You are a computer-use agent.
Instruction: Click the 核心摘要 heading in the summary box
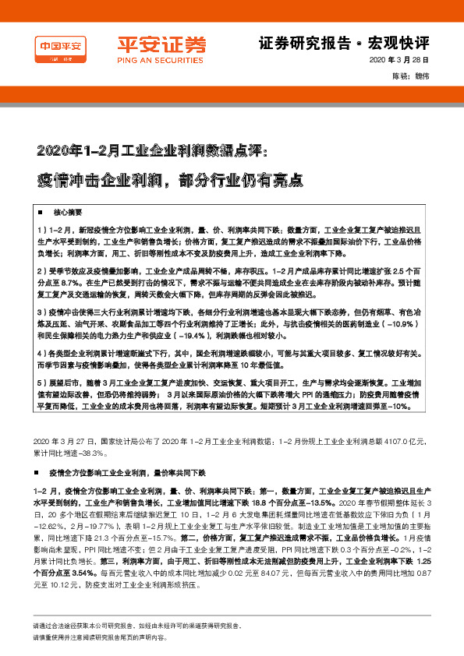tap(68, 213)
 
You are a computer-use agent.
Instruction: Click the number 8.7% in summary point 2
tap(71, 280)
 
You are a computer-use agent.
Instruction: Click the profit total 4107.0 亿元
tap(397, 442)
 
